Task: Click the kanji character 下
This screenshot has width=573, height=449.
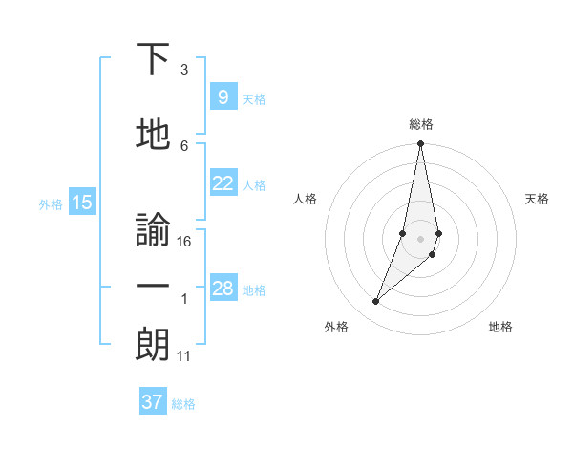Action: coord(153,59)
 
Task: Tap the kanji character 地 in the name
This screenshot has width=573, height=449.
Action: coord(153,133)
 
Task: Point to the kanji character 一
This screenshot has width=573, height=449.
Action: coord(153,288)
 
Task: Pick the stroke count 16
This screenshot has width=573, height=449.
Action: coord(185,242)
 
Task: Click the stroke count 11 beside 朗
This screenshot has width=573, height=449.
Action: coord(184,356)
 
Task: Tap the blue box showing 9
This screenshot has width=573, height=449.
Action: coord(223,97)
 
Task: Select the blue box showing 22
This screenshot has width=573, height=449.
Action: coord(223,184)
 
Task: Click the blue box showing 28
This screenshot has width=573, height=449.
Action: coord(223,289)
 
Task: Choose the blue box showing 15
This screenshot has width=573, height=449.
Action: coord(82,203)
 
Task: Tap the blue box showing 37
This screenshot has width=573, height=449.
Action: coord(152,402)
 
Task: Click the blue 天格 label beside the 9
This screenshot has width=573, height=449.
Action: coord(254,98)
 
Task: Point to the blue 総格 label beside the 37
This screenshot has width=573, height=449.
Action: coord(183,403)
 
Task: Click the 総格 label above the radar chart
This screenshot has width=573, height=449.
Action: coord(421,124)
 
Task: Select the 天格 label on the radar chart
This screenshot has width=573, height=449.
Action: coord(538,199)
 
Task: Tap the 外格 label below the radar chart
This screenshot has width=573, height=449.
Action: coord(336,327)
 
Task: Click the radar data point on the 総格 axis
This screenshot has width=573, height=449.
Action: coord(420,144)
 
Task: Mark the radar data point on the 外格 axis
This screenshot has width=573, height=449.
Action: coord(375,302)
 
